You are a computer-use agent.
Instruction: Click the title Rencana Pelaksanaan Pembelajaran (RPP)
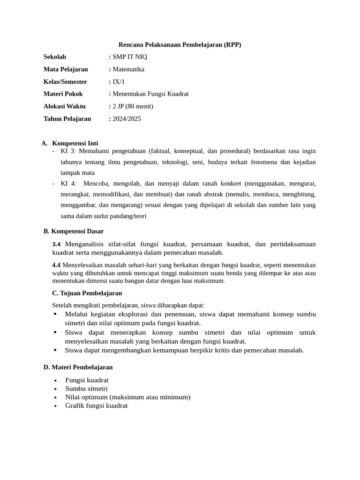point(180,45)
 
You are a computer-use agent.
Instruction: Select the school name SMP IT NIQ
point(130,57)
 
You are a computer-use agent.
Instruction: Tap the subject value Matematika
point(128,69)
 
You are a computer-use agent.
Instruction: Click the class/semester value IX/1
point(119,82)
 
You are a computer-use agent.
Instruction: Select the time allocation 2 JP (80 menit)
point(133,106)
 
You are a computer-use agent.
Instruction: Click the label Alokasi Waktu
point(65,106)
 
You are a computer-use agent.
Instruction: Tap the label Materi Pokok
point(63,94)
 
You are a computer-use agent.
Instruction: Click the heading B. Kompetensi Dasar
point(74,231)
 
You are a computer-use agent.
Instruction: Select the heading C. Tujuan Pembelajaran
point(87,293)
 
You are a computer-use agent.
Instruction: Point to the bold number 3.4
point(56,244)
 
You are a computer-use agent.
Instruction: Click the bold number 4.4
point(56,265)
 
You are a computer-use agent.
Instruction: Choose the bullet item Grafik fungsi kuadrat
point(96,405)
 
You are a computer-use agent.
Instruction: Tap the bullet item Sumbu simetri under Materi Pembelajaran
point(86,389)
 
